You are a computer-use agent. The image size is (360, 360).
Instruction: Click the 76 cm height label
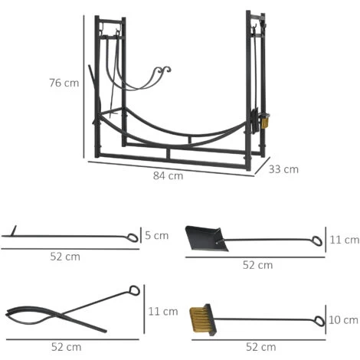64,83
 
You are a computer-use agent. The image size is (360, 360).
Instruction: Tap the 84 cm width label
169,175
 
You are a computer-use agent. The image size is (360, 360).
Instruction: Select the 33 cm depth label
283,169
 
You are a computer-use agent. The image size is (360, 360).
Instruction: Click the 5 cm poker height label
157,235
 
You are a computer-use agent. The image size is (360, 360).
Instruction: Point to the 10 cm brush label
343,320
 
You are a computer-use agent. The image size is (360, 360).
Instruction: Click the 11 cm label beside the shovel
345,240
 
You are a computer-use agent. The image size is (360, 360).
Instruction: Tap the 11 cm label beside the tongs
163,312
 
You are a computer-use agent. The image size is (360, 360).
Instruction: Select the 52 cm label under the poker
65,257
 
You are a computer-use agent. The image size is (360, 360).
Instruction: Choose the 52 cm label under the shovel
258,265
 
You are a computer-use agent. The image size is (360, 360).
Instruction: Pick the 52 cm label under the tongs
67,347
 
